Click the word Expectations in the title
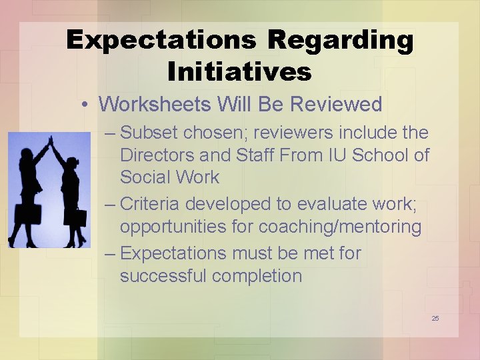(x=161, y=41)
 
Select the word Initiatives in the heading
(x=240, y=71)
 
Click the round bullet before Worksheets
(x=87, y=105)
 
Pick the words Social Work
(x=169, y=177)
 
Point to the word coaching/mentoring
(x=340, y=227)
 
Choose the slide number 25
(x=435, y=318)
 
